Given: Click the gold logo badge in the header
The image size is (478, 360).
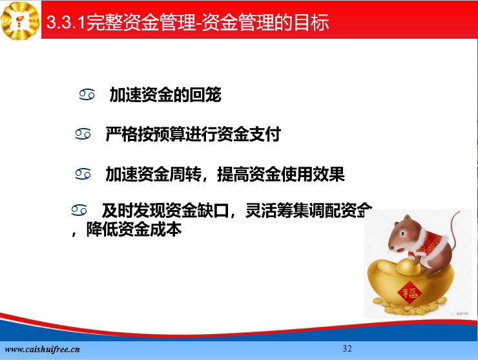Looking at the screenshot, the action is [x=20, y=21].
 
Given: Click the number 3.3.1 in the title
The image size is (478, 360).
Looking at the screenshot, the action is [x=65, y=22].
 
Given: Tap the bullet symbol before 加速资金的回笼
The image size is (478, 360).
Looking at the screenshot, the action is [x=87, y=94].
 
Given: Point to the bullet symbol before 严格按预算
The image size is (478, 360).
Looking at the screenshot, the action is [x=83, y=134].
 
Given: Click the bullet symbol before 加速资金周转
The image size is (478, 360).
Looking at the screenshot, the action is [x=83, y=174].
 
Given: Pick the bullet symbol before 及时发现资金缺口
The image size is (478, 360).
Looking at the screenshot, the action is [x=79, y=210].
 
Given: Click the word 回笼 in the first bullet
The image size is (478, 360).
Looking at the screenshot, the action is [x=205, y=94].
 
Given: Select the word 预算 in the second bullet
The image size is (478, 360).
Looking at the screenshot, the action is [x=169, y=134].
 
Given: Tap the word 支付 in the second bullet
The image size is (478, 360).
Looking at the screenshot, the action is [x=265, y=134].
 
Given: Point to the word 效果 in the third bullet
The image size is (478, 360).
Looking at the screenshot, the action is [x=329, y=175].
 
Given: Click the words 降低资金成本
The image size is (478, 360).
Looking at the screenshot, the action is [x=134, y=229].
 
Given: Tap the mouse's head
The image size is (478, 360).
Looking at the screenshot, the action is [x=403, y=234].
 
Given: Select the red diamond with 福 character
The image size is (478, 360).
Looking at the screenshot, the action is [x=410, y=293].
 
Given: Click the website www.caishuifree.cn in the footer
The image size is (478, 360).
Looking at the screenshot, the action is [x=42, y=349].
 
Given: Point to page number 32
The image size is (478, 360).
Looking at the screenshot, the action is [x=348, y=348].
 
